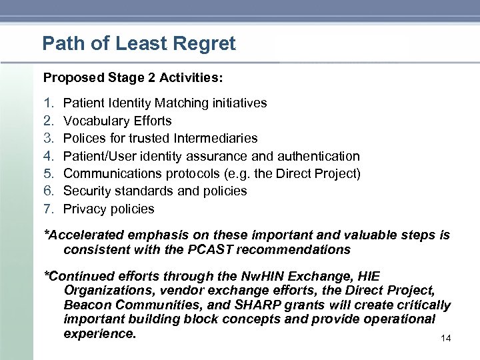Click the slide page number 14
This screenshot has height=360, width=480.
[x=446, y=339]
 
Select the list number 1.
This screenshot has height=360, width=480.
[x=47, y=103]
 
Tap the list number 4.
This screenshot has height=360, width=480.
[x=48, y=156]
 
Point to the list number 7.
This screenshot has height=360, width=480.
[x=48, y=209]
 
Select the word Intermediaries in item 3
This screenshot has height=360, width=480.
[x=215, y=139]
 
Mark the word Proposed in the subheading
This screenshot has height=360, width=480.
[x=73, y=77]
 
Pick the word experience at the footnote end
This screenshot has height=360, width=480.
[x=100, y=333]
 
